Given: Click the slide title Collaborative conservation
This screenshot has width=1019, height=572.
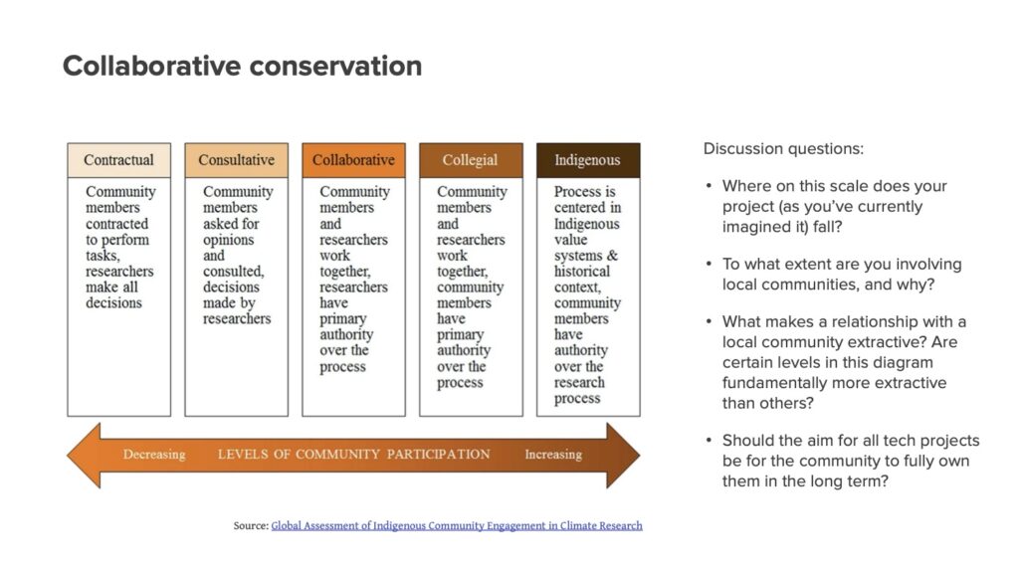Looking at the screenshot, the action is pos(242,66).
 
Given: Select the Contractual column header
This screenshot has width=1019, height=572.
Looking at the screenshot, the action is pos(119,160).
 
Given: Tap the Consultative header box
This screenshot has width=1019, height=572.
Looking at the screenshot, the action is pos(237,160).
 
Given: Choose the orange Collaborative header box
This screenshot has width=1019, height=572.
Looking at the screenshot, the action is pos(353,160).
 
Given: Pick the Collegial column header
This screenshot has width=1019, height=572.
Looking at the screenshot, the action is pos(471,160).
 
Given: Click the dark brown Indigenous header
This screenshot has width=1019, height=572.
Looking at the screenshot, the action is pos(588,160).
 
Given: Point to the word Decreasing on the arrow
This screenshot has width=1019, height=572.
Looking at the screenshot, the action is pos(154,455).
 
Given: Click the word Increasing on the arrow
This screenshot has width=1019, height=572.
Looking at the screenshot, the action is pos(553,455).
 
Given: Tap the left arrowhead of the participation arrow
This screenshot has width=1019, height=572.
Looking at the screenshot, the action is pos(84,455).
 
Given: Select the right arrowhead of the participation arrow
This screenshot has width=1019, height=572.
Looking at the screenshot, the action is pos(623,455).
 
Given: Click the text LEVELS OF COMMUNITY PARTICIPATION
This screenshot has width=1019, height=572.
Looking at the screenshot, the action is pos(353,455).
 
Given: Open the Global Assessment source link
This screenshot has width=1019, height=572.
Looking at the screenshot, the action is pos(456,525).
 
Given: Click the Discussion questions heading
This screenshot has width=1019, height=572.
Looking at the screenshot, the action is pos(783,149).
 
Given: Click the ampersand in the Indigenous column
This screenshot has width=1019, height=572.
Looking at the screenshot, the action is pos(612,256).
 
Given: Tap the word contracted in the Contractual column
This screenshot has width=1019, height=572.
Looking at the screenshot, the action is pos(117,224).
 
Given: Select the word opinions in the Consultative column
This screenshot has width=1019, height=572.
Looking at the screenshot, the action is pos(228,240).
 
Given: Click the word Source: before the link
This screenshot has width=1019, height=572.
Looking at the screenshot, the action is pos(251,525).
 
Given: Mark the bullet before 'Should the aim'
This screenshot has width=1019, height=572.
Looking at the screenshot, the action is pos(709,441).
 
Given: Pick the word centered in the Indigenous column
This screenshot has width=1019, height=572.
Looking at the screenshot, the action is pos(572,208).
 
